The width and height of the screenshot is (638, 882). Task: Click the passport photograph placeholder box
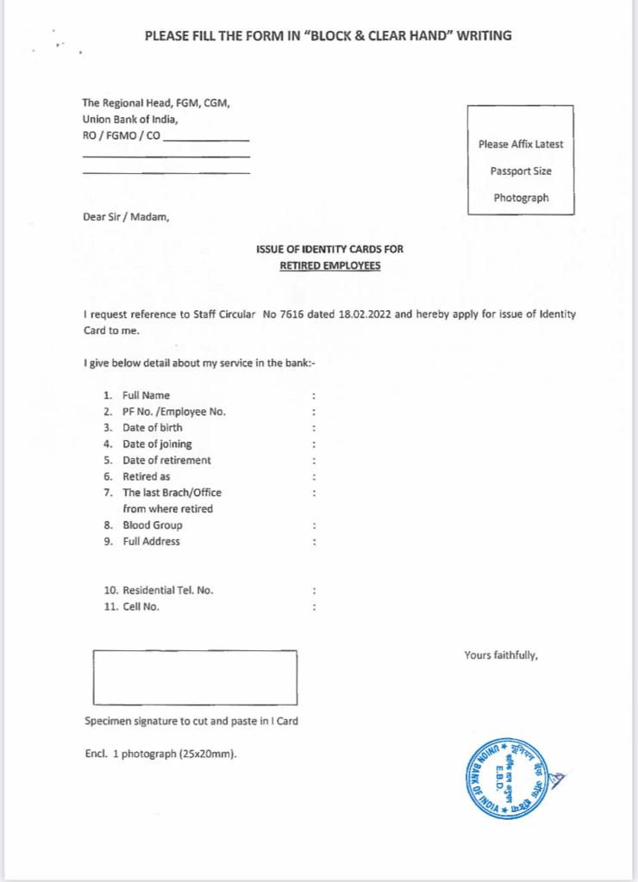click(520, 159)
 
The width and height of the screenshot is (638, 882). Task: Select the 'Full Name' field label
click(146, 395)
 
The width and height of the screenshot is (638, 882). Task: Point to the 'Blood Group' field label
click(152, 525)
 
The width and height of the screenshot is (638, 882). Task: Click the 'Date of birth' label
click(152, 427)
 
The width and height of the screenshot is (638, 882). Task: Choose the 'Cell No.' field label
click(141, 607)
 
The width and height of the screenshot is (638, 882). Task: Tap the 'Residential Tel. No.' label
click(168, 591)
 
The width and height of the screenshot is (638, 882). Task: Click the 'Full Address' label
click(151, 541)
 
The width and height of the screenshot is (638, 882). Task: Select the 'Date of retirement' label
click(166, 460)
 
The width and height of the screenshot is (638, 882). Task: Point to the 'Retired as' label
click(146, 476)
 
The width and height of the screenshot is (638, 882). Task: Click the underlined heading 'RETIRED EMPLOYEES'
click(330, 266)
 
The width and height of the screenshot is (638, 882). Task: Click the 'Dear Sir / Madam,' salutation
click(126, 216)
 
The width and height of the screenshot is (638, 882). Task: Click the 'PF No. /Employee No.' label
click(174, 412)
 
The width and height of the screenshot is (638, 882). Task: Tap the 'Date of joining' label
click(157, 444)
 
